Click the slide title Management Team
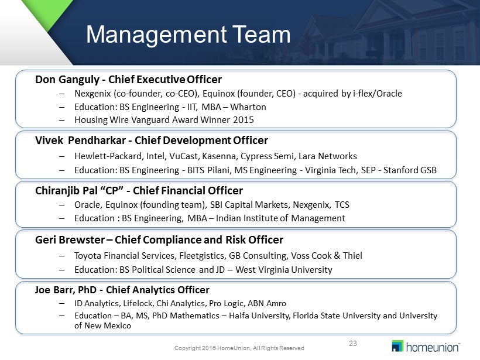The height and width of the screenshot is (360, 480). pos(188,35)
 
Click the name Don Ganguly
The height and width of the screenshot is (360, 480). pos(67,80)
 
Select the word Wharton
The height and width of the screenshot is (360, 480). pos(248,107)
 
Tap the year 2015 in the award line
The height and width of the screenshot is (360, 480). pos(244,119)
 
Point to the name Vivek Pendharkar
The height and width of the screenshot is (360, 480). pos(81,140)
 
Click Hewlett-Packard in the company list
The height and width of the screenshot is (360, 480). pos(108,156)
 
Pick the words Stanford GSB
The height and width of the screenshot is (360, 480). pos(410,170)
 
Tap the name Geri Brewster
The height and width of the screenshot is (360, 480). pos(70,239)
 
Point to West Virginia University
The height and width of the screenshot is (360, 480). pos(284,270)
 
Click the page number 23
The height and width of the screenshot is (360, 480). pos(353,344)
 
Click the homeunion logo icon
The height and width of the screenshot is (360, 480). pos(397,346)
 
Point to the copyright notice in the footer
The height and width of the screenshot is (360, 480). pos(239,348)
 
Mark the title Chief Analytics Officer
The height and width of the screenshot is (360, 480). pos(157,290)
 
